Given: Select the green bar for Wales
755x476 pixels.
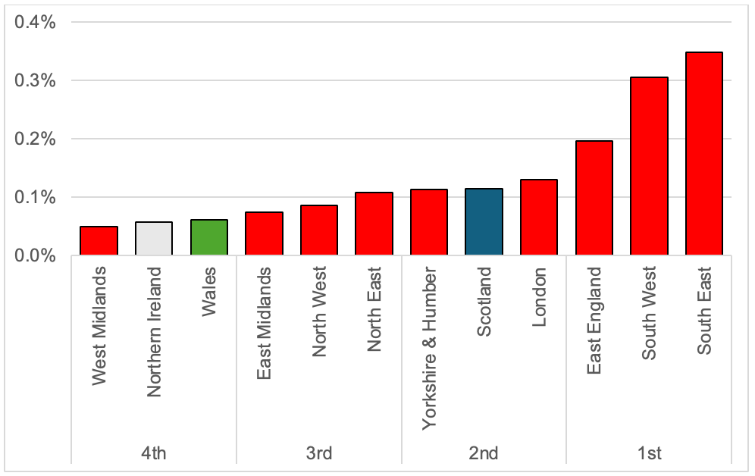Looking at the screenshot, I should pos(209,237).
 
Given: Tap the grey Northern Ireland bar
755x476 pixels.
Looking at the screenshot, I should pos(154,239).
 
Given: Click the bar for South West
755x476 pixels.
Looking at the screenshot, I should pos(649,167).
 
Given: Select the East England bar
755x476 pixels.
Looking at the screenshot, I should pos(594,199).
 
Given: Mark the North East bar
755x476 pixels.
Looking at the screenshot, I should pos(374,224).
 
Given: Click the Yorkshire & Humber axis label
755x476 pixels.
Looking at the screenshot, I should pos(430,348).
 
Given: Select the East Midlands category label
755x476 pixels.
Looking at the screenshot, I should pos(265,323).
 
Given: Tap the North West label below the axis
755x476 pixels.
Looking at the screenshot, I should pos(319,311).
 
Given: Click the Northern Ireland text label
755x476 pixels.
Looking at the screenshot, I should pos(155,331).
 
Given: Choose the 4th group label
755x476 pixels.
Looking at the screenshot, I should pos(154,453).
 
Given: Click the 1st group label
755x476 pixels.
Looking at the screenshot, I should pos(649,453).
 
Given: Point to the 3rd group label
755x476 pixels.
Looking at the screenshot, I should pos(319,453).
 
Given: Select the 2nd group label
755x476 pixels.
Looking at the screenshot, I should pos(484,453).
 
